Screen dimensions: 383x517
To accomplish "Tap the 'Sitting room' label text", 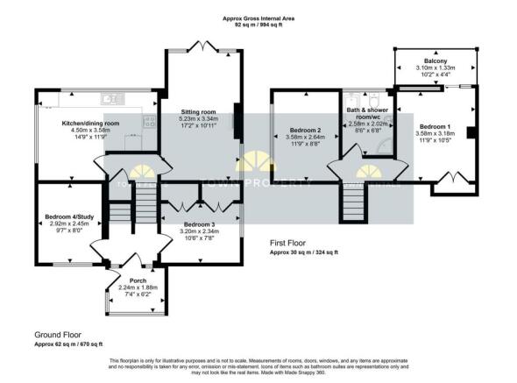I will pos(198,112).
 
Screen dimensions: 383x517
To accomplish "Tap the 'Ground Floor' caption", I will pos(58,335).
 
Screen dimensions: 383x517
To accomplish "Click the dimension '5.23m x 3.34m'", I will pos(198,119).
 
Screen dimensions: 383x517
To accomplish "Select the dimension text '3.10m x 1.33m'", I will pos(435,68).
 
